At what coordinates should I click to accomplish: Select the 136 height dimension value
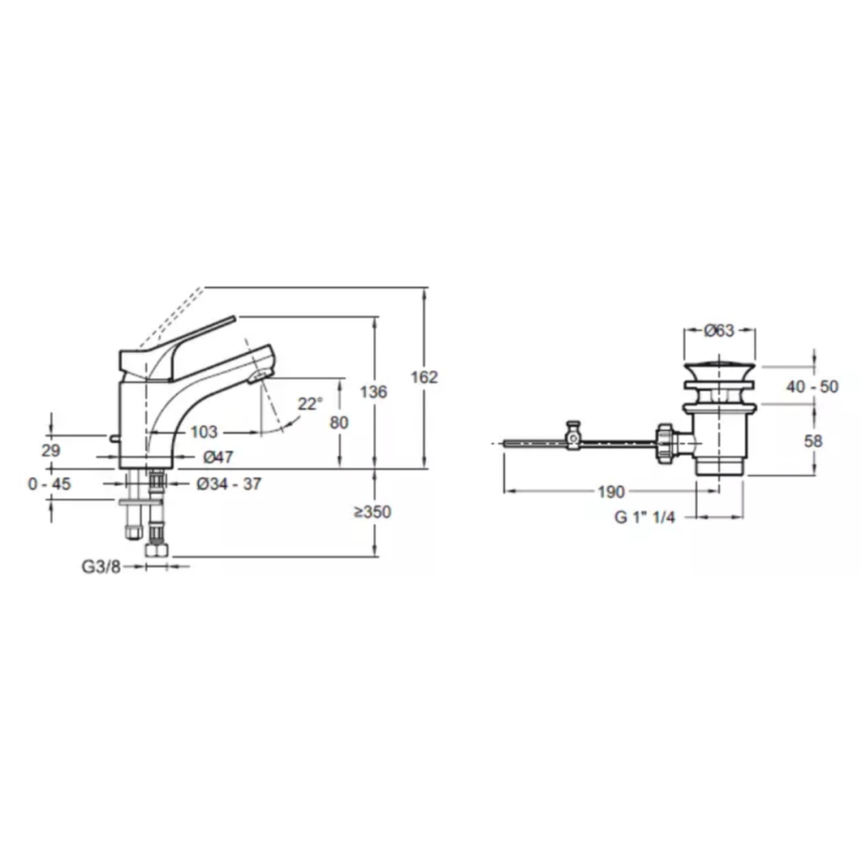pos(373,392)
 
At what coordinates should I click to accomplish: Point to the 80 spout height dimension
pos(339,423)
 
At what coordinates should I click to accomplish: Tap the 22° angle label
pos(310,404)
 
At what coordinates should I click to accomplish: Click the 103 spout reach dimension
pos(203,432)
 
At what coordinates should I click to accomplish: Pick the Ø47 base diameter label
pos(218,457)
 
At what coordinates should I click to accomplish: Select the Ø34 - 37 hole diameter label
pos(229,483)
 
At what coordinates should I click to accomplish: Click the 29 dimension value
pos(51,451)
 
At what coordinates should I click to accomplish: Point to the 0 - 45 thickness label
pos(49,483)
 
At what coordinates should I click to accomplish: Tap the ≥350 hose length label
pos(372,512)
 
